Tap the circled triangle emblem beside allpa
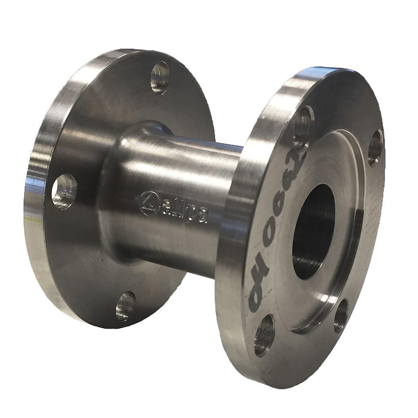149,202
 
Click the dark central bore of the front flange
313,231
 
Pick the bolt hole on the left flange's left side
64,191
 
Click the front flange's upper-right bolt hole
375,147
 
